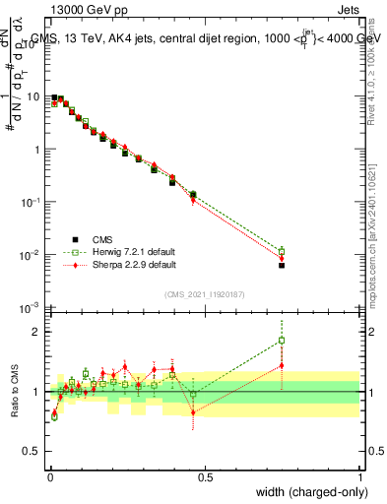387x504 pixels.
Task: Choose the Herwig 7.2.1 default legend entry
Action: [120, 252]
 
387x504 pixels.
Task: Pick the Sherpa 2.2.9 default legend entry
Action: [120, 265]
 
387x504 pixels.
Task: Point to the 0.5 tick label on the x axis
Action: [205, 476]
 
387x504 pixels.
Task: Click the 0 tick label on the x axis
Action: [49, 476]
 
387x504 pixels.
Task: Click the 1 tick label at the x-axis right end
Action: [359, 476]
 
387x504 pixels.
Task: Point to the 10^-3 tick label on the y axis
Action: [32, 308]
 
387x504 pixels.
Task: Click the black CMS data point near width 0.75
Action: [282, 265]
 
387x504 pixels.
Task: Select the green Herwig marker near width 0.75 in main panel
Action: [282, 251]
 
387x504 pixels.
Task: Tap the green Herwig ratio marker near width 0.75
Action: [282, 341]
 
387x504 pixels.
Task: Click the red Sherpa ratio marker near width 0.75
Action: [282, 365]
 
